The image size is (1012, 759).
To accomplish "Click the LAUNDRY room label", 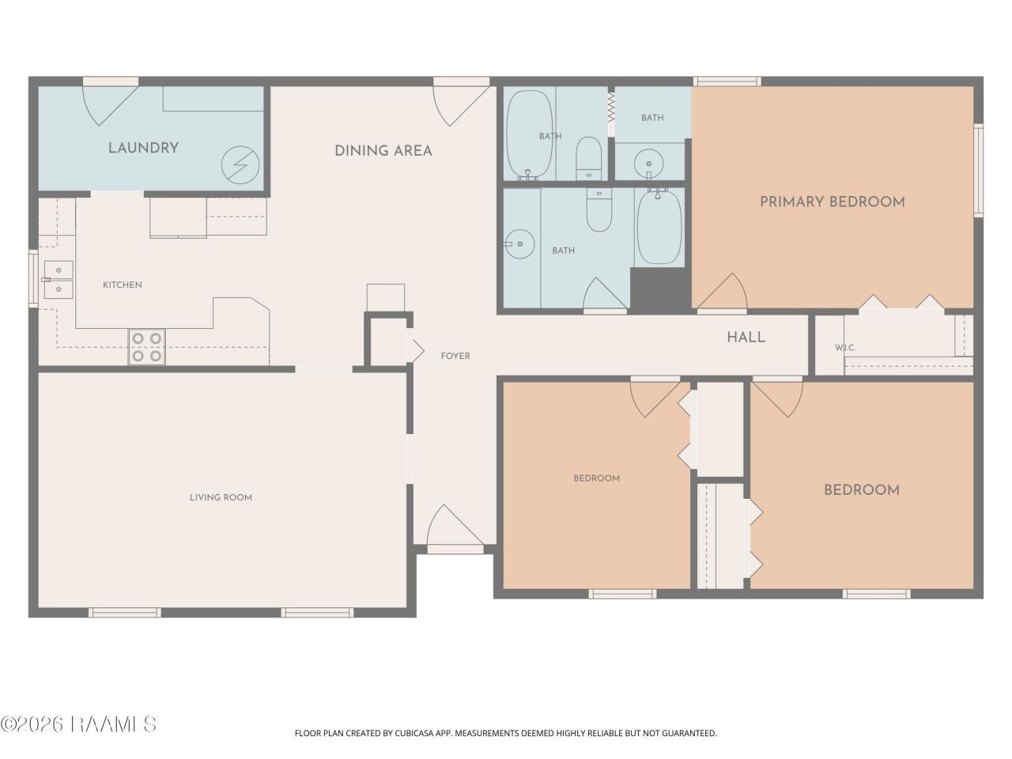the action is pyautogui.click(x=143, y=148).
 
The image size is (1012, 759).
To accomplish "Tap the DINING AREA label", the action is pyautogui.click(x=383, y=151).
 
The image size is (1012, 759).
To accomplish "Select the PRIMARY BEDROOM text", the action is pyautogui.click(x=833, y=202).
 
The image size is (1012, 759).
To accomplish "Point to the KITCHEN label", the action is pyautogui.click(x=123, y=285).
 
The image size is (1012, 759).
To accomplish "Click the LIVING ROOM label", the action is pyautogui.click(x=221, y=497).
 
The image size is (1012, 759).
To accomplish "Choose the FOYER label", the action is pyautogui.click(x=455, y=356).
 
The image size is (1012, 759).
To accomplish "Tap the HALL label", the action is pyautogui.click(x=746, y=338).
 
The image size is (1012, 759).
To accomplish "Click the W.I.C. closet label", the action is pyautogui.click(x=845, y=348).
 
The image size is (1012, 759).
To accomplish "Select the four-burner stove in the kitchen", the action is pyautogui.click(x=146, y=347).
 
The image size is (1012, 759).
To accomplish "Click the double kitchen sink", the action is pyautogui.click(x=59, y=280).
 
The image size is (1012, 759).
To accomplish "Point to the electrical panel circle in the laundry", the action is pyautogui.click(x=240, y=164).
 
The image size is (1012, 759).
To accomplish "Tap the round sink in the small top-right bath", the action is pyautogui.click(x=648, y=163).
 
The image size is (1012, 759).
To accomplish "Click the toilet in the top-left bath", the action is pyautogui.click(x=589, y=158).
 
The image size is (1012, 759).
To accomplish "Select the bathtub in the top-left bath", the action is pyautogui.click(x=529, y=134).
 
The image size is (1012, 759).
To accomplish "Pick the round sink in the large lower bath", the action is pyautogui.click(x=520, y=244).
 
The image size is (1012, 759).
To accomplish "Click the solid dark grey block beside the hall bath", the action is pyautogui.click(x=660, y=288).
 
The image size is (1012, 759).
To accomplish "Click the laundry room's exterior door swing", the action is pyautogui.click(x=110, y=105).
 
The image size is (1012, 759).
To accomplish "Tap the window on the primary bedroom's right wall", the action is pyautogui.click(x=978, y=169).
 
